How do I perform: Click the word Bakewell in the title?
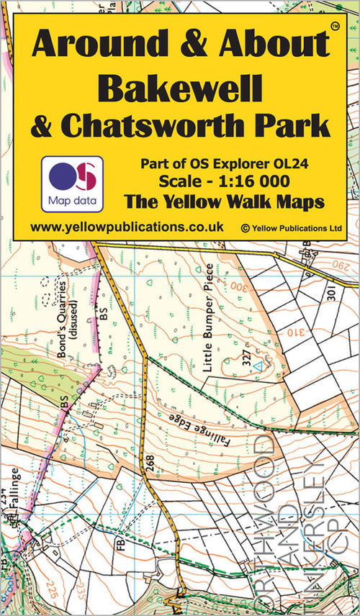pyautogui.click(x=179, y=87)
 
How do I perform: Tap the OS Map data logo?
pyautogui.click(x=72, y=184)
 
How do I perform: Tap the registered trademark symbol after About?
pyautogui.click(x=334, y=27)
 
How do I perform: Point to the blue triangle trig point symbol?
pyautogui.click(x=256, y=366)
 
